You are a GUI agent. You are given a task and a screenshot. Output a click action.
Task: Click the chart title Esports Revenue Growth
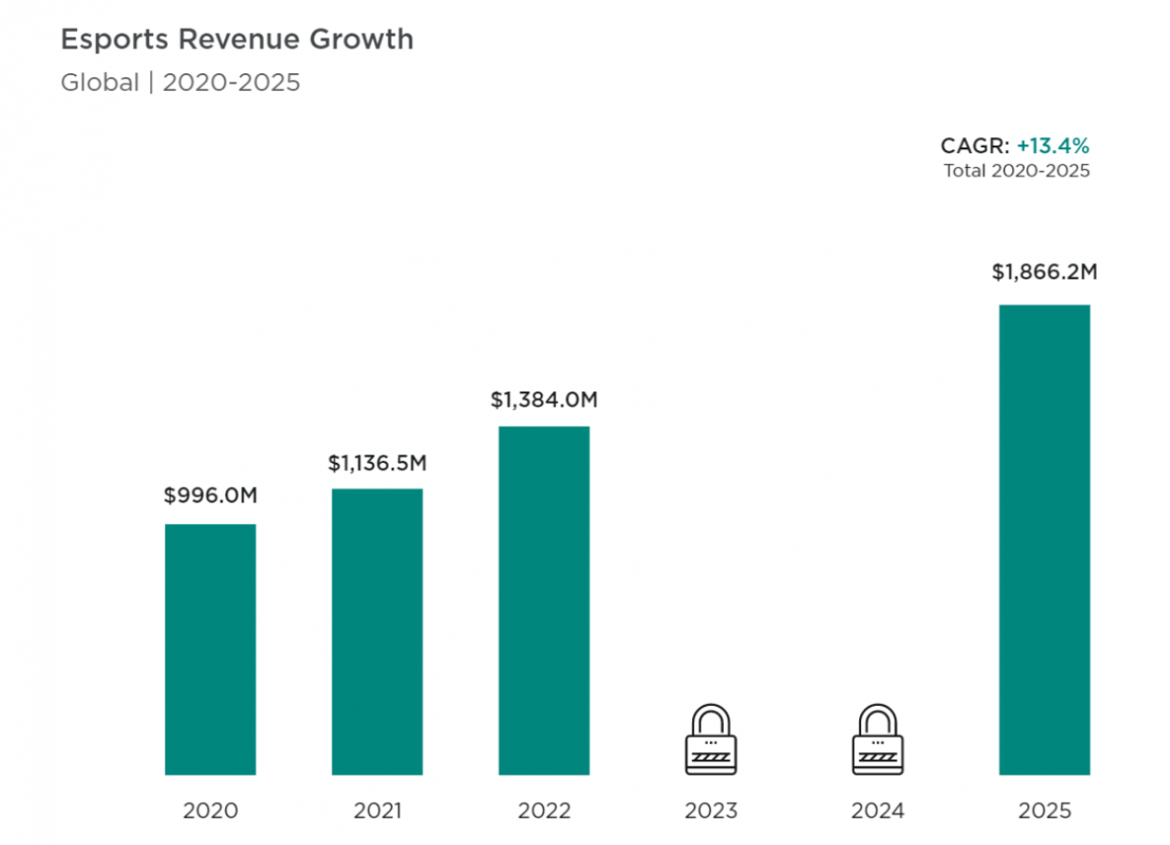tap(237, 39)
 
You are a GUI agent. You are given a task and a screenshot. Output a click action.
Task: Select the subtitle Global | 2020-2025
tap(180, 83)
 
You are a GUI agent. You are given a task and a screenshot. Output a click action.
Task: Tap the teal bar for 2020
tap(210, 649)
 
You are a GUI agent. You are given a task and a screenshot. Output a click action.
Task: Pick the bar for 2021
tap(377, 631)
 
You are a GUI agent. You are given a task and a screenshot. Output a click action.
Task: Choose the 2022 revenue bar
tap(544, 600)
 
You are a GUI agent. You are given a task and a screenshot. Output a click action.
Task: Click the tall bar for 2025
tap(1044, 539)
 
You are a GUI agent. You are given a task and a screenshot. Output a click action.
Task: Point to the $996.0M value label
tap(210, 496)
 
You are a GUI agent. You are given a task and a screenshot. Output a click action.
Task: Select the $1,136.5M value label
tap(377, 462)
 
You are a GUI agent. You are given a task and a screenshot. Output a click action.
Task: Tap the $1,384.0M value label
tap(544, 400)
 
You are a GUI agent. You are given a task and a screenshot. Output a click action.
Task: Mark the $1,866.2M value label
tap(1044, 273)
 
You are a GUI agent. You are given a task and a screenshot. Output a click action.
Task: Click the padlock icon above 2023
tap(711, 740)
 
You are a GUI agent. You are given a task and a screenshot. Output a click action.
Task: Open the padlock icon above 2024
tap(878, 740)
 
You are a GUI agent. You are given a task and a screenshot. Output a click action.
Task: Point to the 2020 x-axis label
tap(210, 810)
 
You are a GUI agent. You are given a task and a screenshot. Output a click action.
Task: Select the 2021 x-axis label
tap(377, 810)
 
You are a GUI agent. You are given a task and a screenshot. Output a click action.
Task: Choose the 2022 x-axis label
tap(544, 810)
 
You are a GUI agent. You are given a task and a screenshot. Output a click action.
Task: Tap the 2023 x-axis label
tap(711, 810)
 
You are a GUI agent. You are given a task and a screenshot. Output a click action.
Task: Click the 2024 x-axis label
tap(878, 810)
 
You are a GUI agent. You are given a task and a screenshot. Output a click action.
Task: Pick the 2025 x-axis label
tap(1044, 810)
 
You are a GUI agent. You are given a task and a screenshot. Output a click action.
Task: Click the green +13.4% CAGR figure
tap(1053, 146)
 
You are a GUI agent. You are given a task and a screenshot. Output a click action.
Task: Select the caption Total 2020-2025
tap(1016, 171)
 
